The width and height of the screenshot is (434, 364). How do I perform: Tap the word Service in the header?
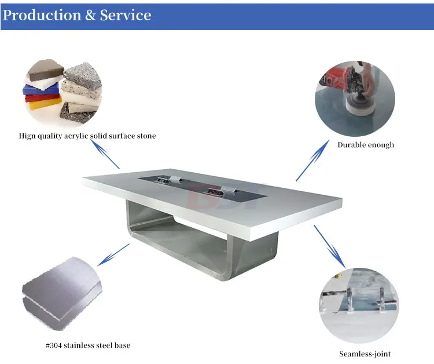[126, 15]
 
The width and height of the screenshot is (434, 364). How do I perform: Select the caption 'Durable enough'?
[366, 144]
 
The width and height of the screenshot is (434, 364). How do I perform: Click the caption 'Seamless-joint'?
[365, 354]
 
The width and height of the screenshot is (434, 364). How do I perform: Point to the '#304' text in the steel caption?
[54, 345]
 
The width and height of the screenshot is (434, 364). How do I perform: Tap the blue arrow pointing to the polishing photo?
[310, 162]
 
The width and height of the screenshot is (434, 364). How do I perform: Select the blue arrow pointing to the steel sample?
[113, 256]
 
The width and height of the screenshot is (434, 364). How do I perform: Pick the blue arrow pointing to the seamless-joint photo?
[330, 246]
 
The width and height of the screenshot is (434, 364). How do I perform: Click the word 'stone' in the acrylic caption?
[146, 136]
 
